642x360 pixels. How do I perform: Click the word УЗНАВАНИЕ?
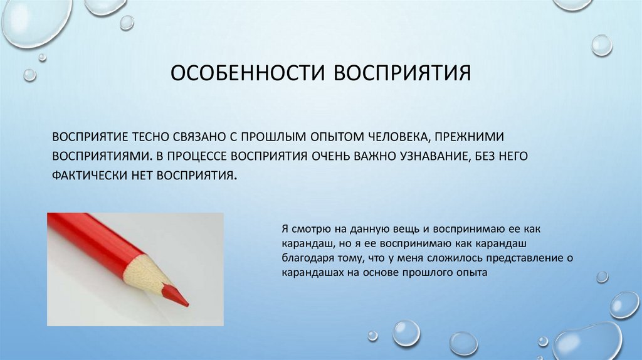point(428,155)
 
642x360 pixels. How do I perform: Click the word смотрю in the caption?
point(310,230)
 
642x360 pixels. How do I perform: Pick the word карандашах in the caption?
point(312,273)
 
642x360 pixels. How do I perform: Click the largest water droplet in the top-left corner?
point(29,24)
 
